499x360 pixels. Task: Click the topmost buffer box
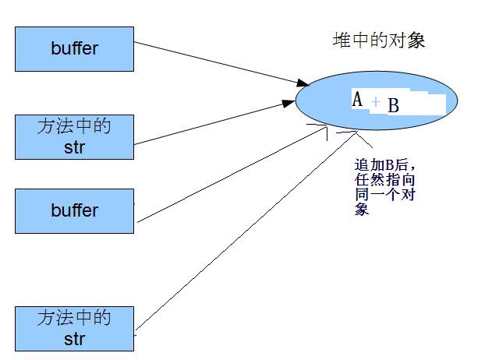[x=75, y=48]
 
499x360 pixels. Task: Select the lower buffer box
[x=75, y=210]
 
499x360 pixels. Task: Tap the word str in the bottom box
[x=75, y=340]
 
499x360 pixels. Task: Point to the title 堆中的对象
[x=379, y=41]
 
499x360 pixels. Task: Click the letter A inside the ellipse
[x=358, y=100]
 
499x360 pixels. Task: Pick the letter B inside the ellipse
[x=393, y=105]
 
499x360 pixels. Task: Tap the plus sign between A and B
[x=376, y=102]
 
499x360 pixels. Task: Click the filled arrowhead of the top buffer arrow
[x=301, y=82]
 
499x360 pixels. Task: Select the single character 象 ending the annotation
[x=361, y=210]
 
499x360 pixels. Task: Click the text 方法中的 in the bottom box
[x=75, y=318]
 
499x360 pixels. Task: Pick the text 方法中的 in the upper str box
[x=75, y=127]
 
